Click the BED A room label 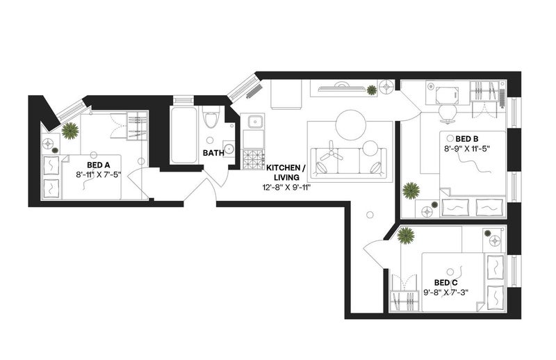coord(99,165)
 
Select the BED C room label coord(446,283)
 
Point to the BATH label coord(213,153)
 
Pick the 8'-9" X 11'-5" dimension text coord(467,149)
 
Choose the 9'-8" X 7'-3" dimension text coord(446,293)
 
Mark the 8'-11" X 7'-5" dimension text coord(99,174)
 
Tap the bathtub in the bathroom coord(183,135)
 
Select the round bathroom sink coord(229,149)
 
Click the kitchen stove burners coord(253,159)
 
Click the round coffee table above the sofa coord(350,125)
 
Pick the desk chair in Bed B coord(447,113)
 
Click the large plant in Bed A coord(70,131)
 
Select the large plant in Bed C coord(406,236)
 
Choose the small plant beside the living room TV coord(372,90)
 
